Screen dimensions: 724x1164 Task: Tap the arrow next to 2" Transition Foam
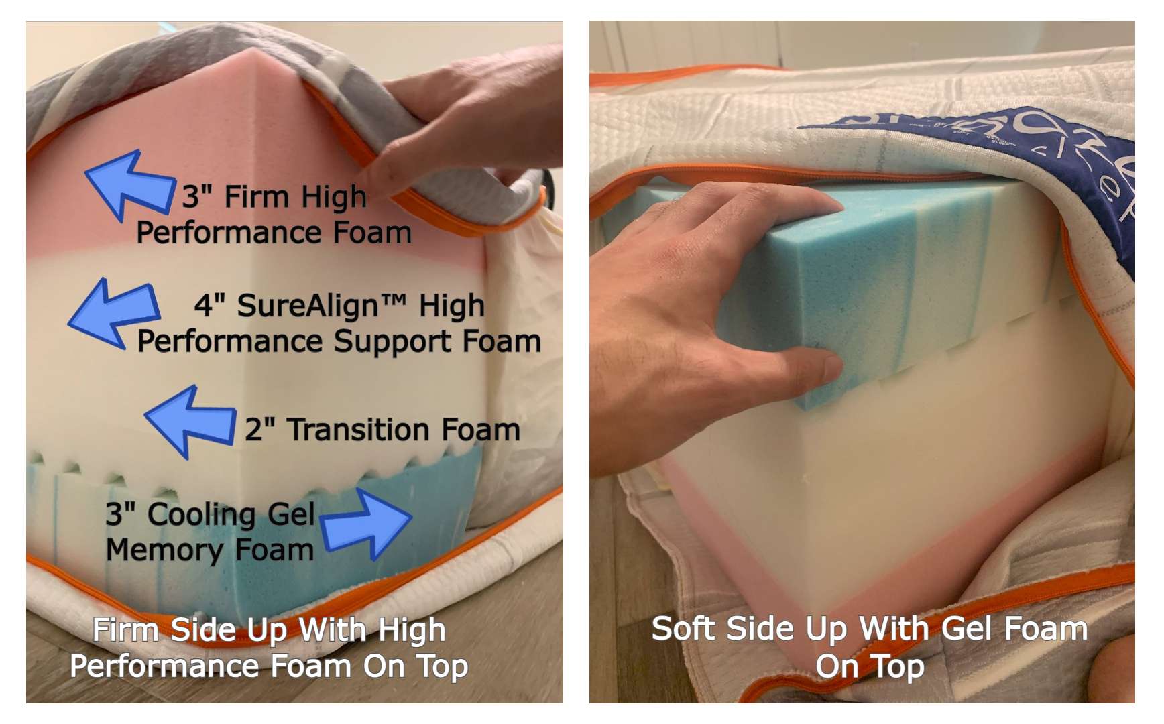190,422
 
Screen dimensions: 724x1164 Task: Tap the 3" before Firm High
197,197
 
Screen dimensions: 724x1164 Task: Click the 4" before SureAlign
209,306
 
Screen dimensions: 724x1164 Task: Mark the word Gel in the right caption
968,629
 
